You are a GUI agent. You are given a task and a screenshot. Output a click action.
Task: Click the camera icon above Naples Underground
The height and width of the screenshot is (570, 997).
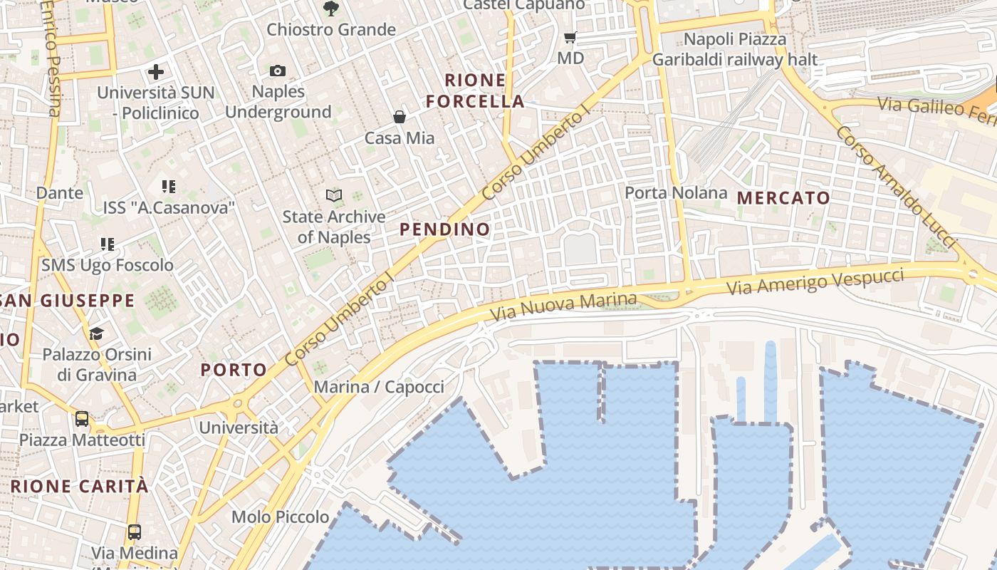click(x=278, y=71)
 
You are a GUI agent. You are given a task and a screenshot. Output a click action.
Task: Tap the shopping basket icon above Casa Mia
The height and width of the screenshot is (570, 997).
click(x=400, y=117)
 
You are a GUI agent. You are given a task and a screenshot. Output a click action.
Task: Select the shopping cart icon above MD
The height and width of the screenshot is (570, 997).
click(x=570, y=37)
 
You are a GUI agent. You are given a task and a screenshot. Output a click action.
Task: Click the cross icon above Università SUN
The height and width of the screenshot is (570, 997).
click(x=156, y=71)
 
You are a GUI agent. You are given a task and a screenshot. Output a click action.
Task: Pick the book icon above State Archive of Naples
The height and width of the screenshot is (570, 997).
click(x=333, y=195)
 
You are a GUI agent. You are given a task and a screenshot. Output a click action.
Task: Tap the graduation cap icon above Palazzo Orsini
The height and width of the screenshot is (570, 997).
click(x=96, y=333)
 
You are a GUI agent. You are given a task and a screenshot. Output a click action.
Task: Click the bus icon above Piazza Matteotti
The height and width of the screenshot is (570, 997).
click(x=82, y=418)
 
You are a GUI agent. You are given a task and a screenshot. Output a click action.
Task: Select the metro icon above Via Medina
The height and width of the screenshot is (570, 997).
click(x=134, y=532)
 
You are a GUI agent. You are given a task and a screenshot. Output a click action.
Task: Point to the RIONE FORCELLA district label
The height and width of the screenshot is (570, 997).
click(x=476, y=90)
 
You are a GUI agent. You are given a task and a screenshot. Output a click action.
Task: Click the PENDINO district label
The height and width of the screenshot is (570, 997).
click(x=445, y=229)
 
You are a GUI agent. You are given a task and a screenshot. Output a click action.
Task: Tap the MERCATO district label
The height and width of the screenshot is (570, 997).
click(x=784, y=198)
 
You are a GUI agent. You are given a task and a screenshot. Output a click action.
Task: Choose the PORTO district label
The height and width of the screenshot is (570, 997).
click(x=234, y=370)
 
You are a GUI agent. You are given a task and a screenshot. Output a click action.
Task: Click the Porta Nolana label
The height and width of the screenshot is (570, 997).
click(x=676, y=193)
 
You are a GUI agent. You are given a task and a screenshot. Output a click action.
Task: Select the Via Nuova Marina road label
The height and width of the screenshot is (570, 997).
click(x=565, y=306)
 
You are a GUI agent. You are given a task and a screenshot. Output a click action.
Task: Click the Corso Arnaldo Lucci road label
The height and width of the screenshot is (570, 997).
click(x=895, y=187)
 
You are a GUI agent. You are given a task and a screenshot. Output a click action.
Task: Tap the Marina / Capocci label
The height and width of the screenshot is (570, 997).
click(x=379, y=387)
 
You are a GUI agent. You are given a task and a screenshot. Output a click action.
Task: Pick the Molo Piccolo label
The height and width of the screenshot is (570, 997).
click(x=281, y=517)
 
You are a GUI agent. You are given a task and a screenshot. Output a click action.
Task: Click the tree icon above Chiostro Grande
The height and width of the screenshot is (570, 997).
click(x=330, y=9)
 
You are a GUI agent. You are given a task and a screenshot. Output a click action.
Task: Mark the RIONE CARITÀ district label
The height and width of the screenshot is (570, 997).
click(x=80, y=487)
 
